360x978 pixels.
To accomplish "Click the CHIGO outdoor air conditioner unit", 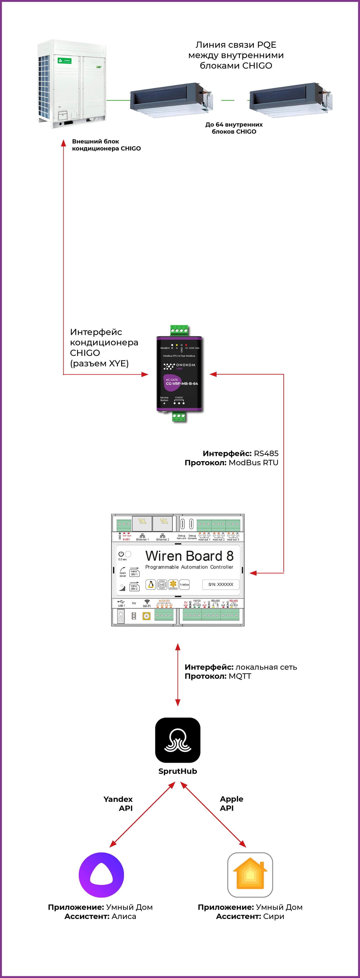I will click(71, 83).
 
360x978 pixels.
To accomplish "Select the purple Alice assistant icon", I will click(101, 875).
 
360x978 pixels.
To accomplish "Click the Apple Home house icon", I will click(250, 875).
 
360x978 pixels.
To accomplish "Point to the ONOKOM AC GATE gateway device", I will click(179, 374).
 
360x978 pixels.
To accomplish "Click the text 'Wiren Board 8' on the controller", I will click(189, 556).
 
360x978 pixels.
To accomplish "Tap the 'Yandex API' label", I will click(118, 804).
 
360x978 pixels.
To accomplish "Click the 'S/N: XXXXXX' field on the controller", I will click(221, 584).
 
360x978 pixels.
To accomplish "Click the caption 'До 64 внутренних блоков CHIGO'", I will click(234, 128).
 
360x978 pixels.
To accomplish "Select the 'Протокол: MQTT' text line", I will click(218, 676).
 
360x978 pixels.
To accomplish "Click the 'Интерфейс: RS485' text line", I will click(240, 453).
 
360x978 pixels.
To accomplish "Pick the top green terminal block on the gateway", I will click(179, 330).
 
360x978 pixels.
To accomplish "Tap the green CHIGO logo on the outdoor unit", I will click(65, 61).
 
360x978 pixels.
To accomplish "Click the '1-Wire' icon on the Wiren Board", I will click(185, 585).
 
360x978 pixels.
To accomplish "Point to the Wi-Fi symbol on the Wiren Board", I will click(147, 602).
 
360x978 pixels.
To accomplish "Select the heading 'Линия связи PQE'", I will click(236, 45).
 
